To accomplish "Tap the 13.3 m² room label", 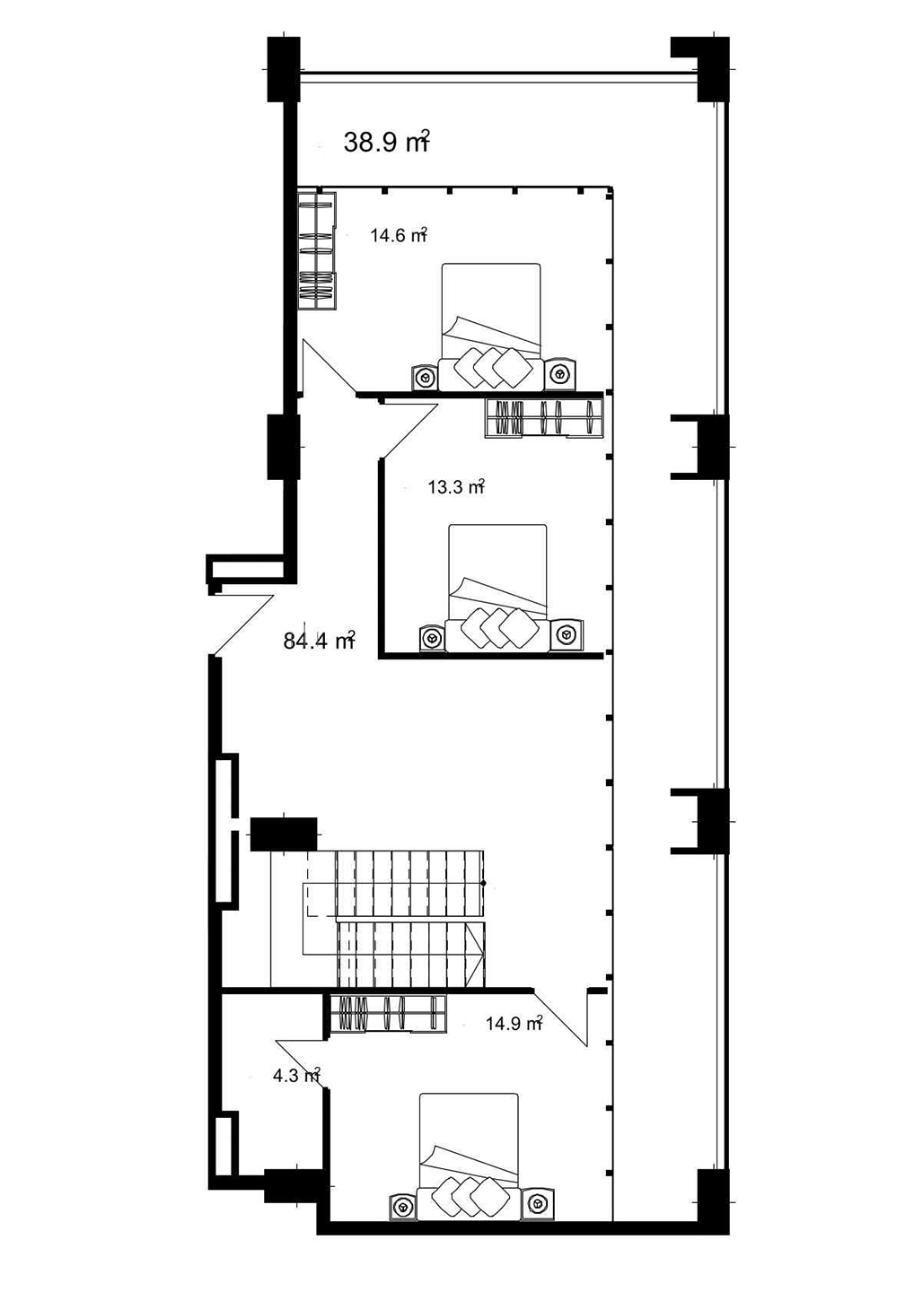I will (456, 488).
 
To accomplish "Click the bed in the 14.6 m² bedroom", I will (491, 327).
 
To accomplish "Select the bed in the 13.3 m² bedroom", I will (497, 588).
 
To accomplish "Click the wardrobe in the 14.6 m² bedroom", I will (316, 249).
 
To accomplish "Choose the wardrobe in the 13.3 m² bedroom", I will (543, 418).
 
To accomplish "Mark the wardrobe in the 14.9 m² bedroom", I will (388, 1014).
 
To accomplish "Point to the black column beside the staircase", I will (283, 834).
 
